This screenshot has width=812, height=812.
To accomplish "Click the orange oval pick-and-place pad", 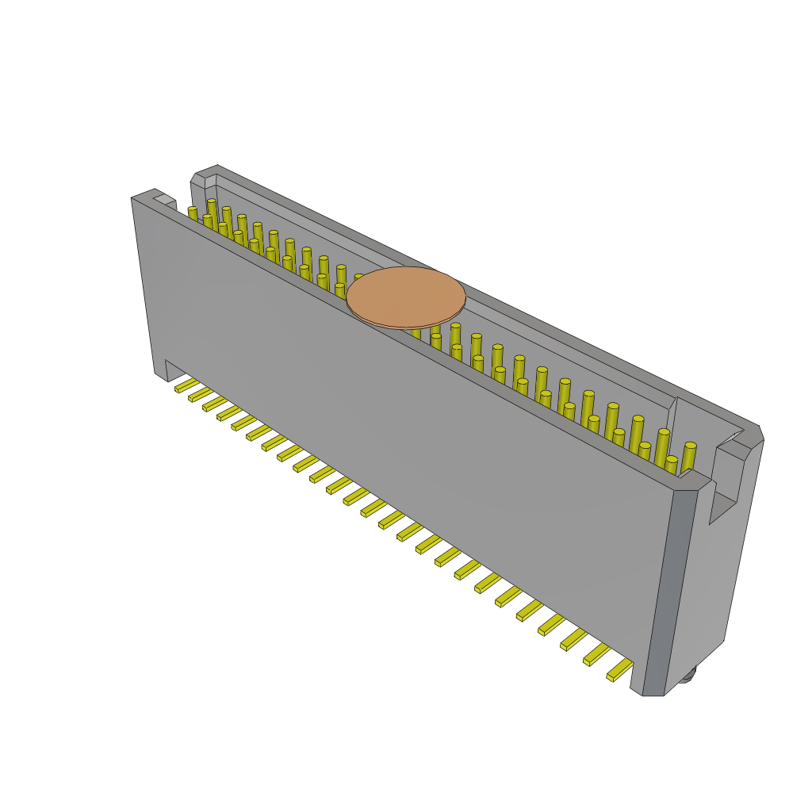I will [x=406, y=297].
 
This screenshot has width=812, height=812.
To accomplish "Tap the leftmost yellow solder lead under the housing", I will [x=186, y=385].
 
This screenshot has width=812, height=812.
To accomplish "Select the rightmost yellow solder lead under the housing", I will [x=620, y=671].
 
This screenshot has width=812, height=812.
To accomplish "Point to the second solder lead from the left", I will [x=199, y=394].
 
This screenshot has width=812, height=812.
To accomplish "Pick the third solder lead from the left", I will [x=214, y=404].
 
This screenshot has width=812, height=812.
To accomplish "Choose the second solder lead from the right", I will [x=597, y=654].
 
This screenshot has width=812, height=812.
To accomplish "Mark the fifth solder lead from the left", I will [x=243, y=422].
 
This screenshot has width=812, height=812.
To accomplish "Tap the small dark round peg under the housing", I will [x=687, y=675].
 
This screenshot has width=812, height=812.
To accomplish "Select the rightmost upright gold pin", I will [x=688, y=456].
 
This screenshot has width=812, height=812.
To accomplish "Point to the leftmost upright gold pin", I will [x=193, y=214].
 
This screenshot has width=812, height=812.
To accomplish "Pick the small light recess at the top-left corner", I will [x=164, y=199].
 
